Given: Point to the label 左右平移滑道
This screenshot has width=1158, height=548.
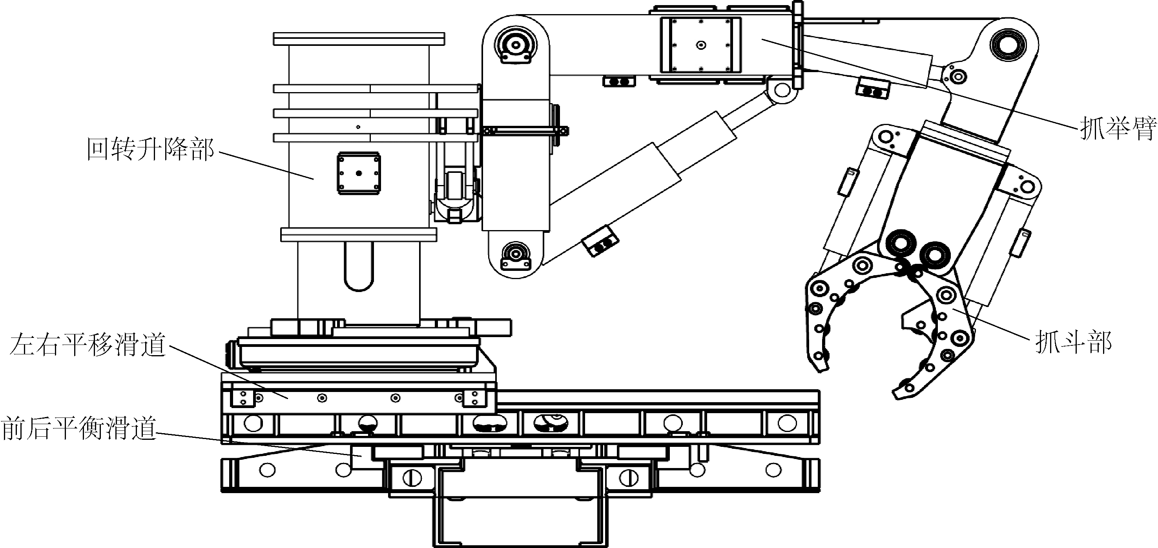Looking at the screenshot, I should point(88,345).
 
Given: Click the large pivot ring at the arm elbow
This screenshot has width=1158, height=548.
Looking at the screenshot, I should point(1009,46).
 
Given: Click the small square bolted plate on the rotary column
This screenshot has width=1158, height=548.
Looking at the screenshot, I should point(359,173).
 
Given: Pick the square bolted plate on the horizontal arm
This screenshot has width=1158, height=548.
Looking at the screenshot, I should point(700,45).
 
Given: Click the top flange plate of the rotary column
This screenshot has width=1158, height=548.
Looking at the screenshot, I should point(359,39).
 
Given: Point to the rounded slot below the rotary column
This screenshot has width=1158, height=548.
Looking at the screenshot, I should point(358,267).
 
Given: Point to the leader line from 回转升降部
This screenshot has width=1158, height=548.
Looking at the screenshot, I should point(265,165).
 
